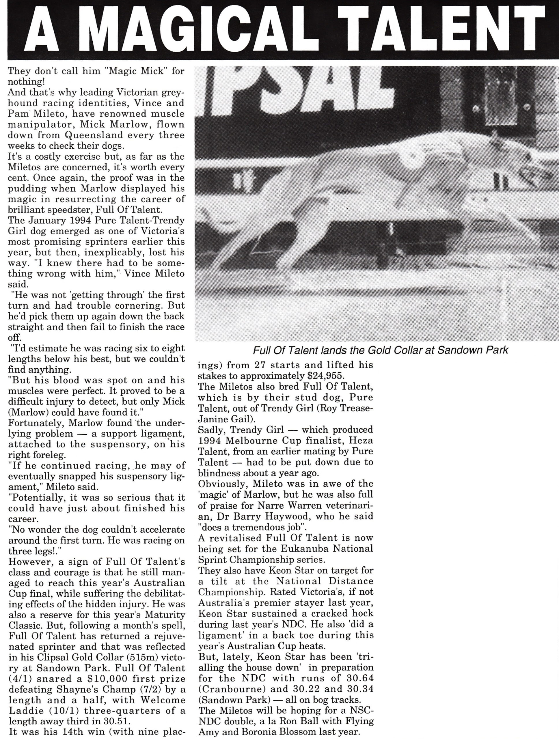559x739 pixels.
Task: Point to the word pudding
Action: (27, 189)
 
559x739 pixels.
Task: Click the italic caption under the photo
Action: (381, 350)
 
